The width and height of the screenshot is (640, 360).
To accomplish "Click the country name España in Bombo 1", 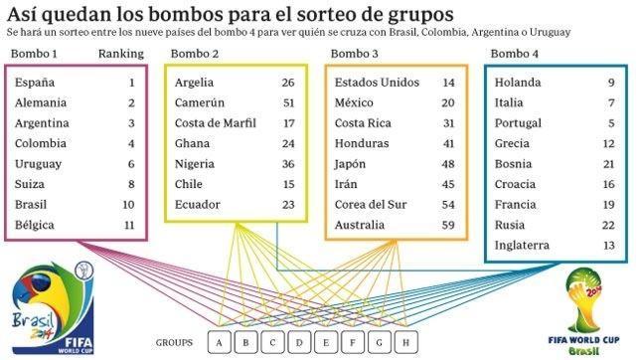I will tap(35, 82).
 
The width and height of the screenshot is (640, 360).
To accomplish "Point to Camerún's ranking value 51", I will tap(288, 102).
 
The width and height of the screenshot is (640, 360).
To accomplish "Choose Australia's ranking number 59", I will tap(448, 226).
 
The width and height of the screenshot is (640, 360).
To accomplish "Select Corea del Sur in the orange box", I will tap(373, 205).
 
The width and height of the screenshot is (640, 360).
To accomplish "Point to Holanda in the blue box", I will tap(516, 82).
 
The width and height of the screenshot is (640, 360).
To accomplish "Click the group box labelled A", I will tap(217, 342).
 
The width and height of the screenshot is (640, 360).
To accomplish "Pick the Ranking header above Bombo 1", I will tap(121, 53).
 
